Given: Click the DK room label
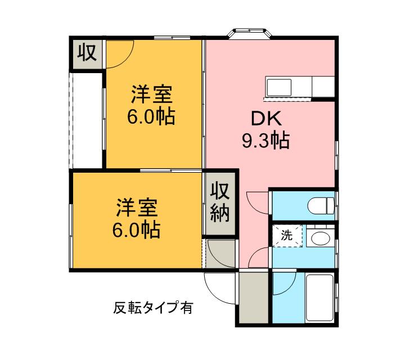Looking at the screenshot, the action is click(267, 119).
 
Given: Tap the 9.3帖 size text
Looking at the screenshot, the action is click(265, 141).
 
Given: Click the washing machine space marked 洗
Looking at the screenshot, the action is click(287, 236).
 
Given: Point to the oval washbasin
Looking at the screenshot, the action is click(319, 238).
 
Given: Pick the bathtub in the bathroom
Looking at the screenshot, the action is click(319, 298).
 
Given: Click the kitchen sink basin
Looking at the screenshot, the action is click(279, 87).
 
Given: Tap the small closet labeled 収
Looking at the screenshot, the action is click(88, 53).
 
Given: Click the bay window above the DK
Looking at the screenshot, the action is click(250, 33).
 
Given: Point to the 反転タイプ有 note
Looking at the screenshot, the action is click(153, 308).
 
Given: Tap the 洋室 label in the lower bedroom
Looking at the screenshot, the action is click(137, 208).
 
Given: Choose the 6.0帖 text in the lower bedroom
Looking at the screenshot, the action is click(136, 229).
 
